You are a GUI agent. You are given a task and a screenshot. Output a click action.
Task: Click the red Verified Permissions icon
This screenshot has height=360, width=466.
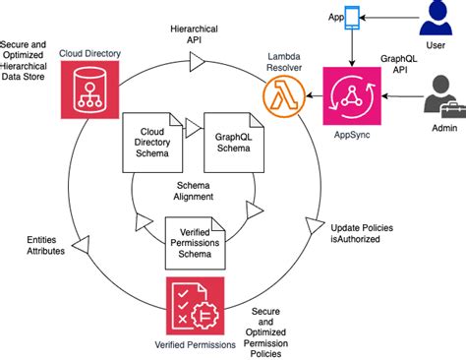(x=195, y=305)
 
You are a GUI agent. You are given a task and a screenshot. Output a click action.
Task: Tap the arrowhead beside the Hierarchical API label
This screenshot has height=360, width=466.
(x=195, y=62)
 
